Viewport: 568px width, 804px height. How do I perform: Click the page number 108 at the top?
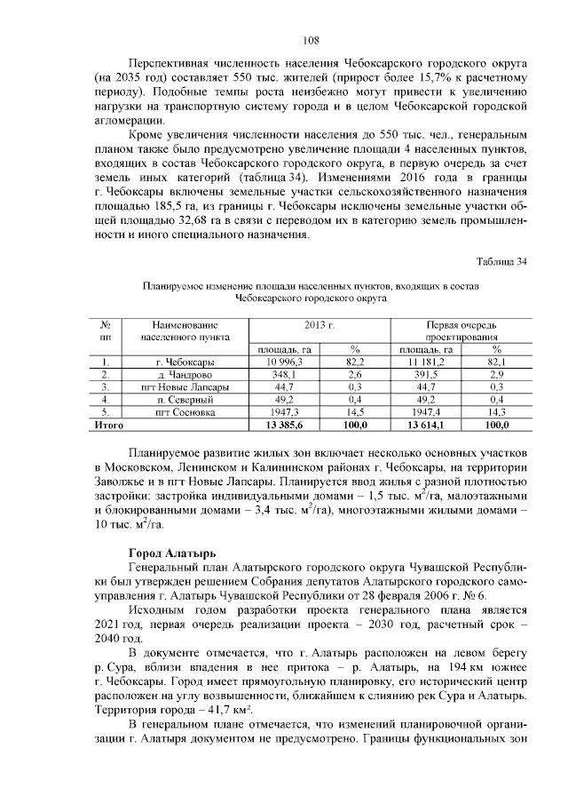(310, 40)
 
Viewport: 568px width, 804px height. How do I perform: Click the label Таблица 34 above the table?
(502, 261)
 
